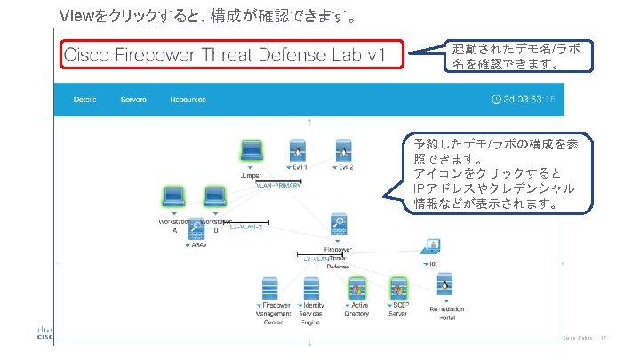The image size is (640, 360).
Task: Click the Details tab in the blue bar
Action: [85, 100]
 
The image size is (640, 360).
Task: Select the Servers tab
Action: [133, 100]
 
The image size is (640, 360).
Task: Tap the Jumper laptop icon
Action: [252, 150]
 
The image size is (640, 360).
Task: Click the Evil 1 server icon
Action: [298, 150]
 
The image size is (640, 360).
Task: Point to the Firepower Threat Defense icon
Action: [338, 224]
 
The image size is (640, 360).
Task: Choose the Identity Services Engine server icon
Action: [310, 289]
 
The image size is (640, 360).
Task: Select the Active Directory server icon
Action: [358, 289]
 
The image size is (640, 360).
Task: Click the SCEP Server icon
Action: [400, 289]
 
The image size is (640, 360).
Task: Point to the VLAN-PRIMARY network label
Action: [278, 186]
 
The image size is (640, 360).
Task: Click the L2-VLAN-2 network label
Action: [245, 227]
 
